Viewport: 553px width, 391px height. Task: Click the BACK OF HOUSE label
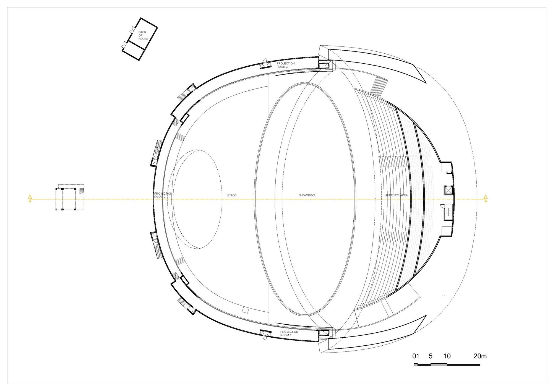point(143,35)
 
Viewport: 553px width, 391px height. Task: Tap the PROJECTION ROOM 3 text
point(286,65)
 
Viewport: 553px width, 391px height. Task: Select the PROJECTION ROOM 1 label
point(289,333)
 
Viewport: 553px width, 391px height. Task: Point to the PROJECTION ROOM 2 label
point(163,195)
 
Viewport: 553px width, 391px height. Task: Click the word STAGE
point(232,195)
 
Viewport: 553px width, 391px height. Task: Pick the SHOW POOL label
point(307,195)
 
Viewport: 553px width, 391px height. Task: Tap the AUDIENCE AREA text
point(397,195)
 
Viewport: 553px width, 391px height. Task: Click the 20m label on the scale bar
point(480,356)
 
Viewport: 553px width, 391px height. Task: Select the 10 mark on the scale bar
point(447,356)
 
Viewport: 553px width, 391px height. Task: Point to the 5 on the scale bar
point(431,356)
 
